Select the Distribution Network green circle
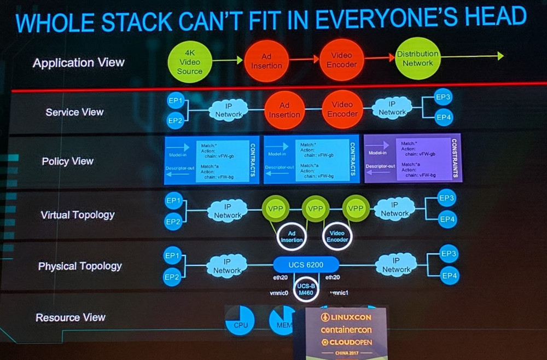pyautogui.click(x=417, y=58)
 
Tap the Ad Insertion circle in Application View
pyautogui.click(x=266, y=61)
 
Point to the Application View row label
pyautogui.click(x=78, y=63)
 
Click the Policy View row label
pyautogui.click(x=67, y=161)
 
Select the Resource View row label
pyautogui.click(x=70, y=317)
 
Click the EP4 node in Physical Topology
pyautogui.click(x=449, y=276)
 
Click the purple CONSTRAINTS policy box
pyautogui.click(x=412, y=158)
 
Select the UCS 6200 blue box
pyautogui.click(x=306, y=265)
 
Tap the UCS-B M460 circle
pyautogui.click(x=306, y=289)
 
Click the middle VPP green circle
pyautogui.click(x=315, y=209)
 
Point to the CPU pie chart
pyautogui.click(x=240, y=321)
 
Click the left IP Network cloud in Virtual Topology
pyautogui.click(x=227, y=211)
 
